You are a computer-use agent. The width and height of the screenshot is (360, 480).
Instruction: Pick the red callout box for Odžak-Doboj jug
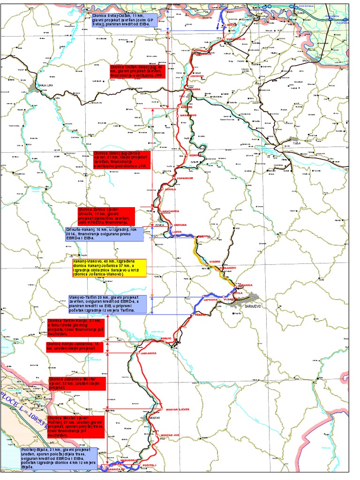pyautogui.click(x=136, y=75)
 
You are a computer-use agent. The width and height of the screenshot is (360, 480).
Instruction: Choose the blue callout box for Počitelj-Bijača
pyautogui.click(x=59, y=458)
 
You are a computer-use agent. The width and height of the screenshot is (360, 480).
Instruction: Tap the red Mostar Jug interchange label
pyautogui.click(x=170, y=435)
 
